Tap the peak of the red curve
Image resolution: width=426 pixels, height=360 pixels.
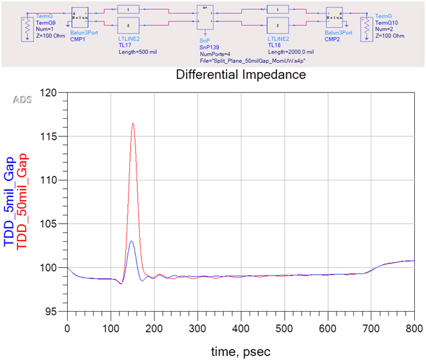point(133,124)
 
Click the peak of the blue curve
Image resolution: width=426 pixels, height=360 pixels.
point(132,241)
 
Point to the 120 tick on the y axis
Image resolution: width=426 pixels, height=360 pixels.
point(56,92)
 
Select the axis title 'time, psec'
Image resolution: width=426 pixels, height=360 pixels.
point(241,350)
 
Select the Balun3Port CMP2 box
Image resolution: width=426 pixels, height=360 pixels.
point(332,19)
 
